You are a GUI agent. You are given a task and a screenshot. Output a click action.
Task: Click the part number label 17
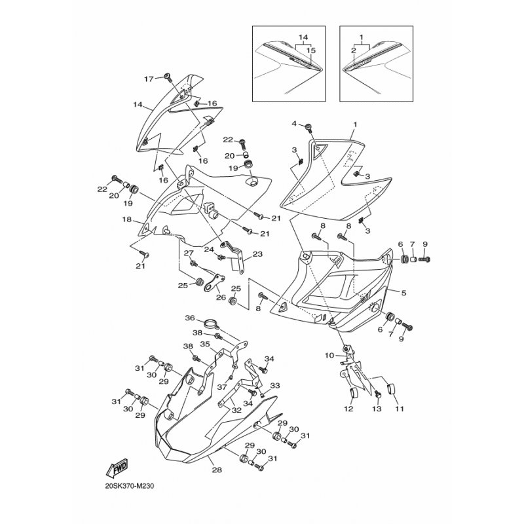[149, 79]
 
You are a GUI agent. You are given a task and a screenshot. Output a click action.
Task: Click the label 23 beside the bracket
[257, 254]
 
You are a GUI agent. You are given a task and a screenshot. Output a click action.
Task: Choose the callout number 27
[188, 253]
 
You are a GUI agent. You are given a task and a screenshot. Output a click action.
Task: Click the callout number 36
[190, 318]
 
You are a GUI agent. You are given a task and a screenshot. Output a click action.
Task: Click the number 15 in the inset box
[311, 50]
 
